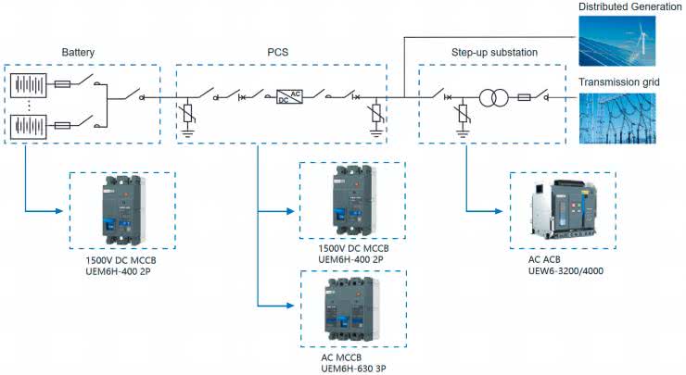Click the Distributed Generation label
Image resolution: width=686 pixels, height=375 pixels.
coord(629,7)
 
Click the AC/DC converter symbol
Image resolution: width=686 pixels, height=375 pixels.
coord(288,96)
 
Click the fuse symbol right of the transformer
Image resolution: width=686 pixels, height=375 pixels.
coord(523,96)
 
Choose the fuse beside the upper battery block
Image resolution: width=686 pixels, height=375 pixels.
coord(63,83)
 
